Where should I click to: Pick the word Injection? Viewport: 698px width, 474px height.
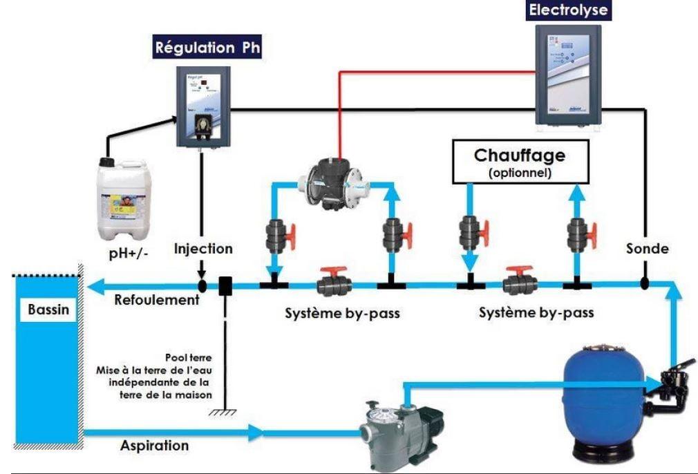pos(203,249)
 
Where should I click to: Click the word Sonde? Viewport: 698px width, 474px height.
pos(647,249)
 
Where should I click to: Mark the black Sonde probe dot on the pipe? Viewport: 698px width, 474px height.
pos(644,283)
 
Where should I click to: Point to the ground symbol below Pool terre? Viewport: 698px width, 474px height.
pos(223,412)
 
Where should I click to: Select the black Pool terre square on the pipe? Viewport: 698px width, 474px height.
pos(225,285)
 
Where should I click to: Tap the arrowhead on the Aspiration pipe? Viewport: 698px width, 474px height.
pos(256,433)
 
